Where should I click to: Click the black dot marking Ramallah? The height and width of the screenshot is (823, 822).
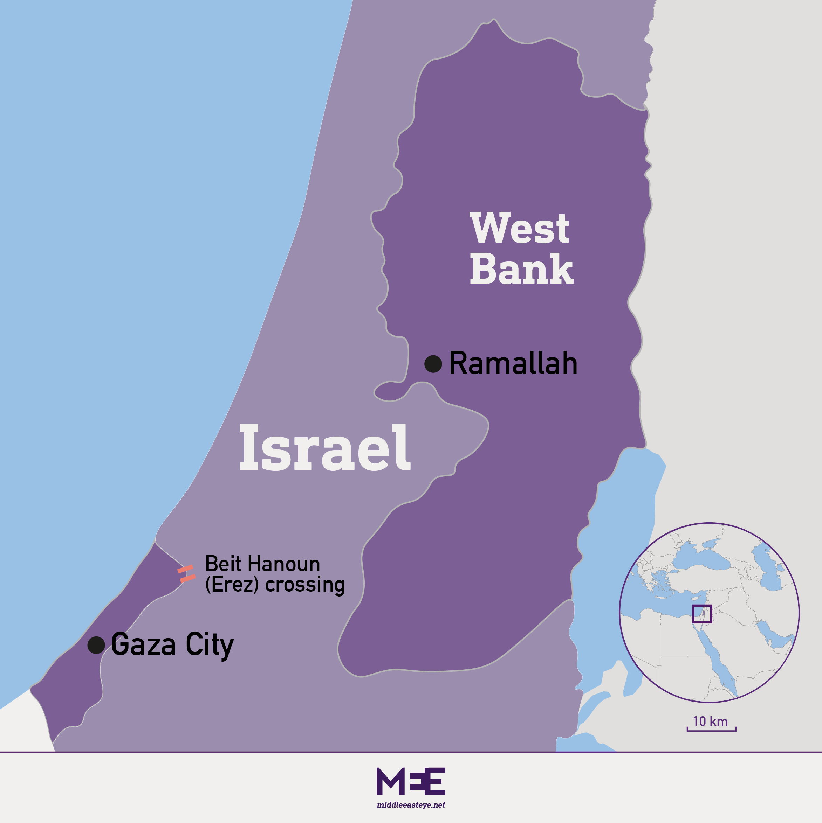click(x=433, y=364)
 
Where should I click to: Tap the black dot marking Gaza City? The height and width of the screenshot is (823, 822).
click(x=96, y=645)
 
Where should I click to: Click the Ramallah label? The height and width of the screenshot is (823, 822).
click(x=513, y=363)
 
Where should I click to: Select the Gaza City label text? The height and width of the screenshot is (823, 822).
click(x=172, y=644)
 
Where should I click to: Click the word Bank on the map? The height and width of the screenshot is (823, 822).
click(x=521, y=269)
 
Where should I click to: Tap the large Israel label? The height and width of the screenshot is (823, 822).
click(x=325, y=448)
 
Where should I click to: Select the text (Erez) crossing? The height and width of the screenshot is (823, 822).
click(x=275, y=585)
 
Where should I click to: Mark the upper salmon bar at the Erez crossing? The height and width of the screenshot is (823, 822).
click(x=185, y=569)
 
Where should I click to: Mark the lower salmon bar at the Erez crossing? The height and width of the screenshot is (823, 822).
click(x=187, y=578)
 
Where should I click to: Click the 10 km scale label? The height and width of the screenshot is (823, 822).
click(x=710, y=721)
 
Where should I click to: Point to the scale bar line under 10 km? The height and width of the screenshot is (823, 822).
click(x=711, y=731)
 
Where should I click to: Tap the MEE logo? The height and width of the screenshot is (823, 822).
click(x=411, y=782)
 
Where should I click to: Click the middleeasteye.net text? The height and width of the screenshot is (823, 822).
click(x=411, y=805)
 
